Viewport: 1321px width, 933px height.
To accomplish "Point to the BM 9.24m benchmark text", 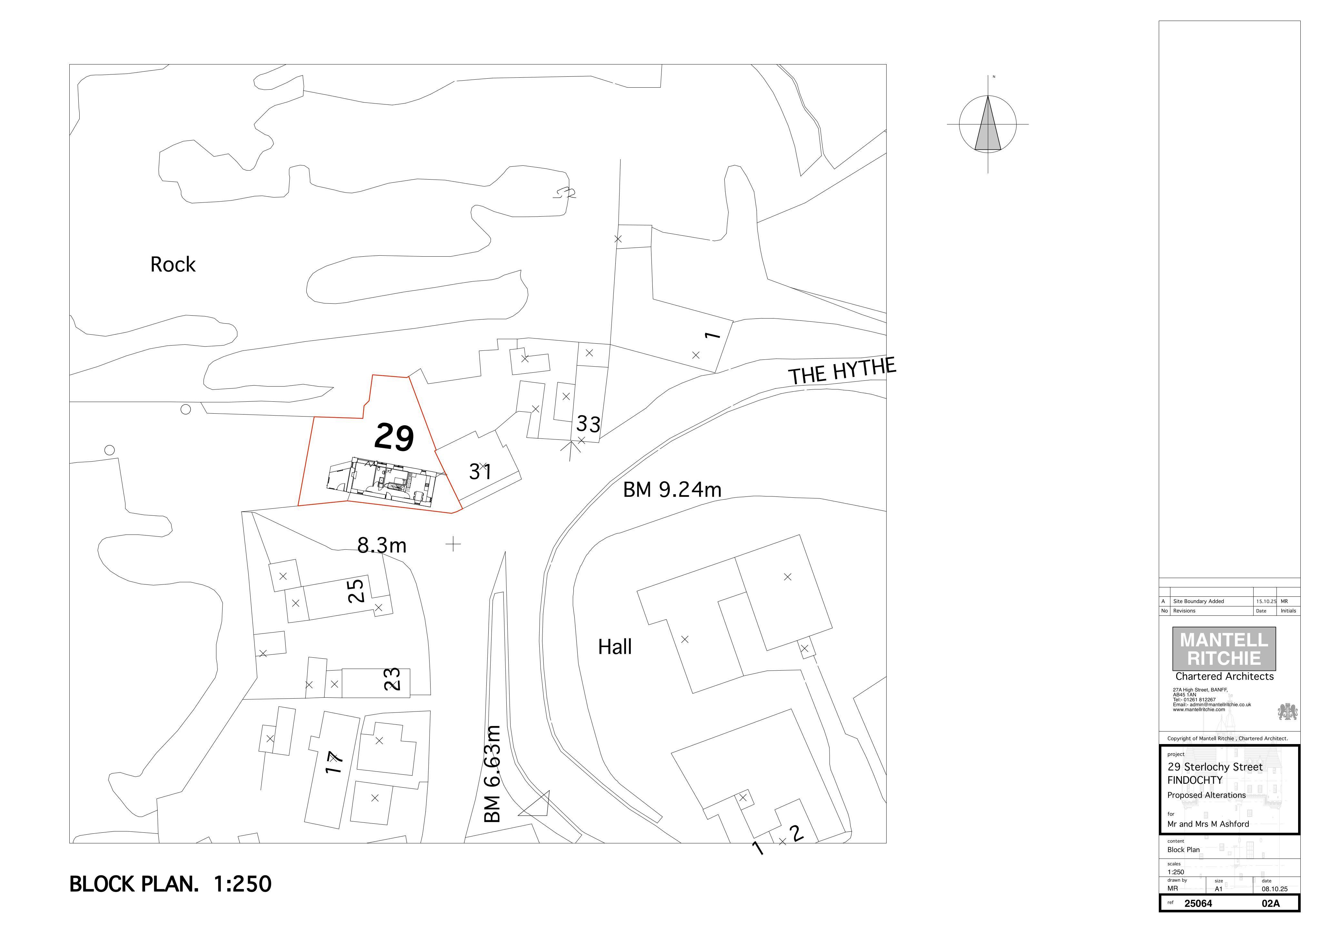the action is coord(672,489).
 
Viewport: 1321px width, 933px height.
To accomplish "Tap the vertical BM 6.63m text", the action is coord(492,774).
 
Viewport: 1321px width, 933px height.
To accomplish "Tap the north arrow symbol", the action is coord(988,124).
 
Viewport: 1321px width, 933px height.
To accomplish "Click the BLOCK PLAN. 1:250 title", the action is coord(170,884).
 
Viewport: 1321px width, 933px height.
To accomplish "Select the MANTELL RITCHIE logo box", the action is coord(1224,649).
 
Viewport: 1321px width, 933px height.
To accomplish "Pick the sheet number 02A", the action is coord(1271,904).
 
